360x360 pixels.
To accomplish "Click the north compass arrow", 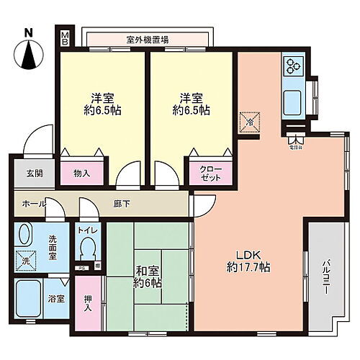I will point(28,55).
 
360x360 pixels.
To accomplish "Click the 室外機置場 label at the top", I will point(148,40).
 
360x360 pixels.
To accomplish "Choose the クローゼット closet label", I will point(211,173).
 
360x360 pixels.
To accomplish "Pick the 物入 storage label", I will point(82,173).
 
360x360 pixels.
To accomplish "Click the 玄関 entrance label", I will point(24,174).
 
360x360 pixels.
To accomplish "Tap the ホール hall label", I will point(30,204).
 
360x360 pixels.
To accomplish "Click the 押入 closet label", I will point(89,302).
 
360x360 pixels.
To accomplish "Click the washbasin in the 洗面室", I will point(25,235).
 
